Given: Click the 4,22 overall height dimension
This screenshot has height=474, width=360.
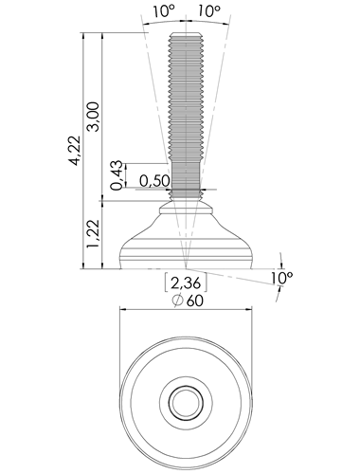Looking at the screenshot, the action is click(x=75, y=151).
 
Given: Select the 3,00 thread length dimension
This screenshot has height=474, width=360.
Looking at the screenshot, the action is click(x=94, y=117).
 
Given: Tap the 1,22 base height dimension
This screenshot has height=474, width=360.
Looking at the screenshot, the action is click(x=94, y=233).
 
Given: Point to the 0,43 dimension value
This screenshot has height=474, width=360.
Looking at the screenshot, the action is click(x=117, y=175).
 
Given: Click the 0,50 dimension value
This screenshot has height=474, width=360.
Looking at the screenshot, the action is click(x=154, y=181).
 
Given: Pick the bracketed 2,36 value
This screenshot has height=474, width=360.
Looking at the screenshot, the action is click(x=186, y=283).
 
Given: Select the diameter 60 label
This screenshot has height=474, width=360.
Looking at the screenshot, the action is click(x=188, y=301).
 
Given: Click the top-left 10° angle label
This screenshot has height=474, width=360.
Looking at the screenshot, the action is click(x=164, y=11).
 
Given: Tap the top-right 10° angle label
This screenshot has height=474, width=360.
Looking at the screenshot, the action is click(x=209, y=11).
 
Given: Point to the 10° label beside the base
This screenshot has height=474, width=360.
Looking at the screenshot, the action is click(x=281, y=278).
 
